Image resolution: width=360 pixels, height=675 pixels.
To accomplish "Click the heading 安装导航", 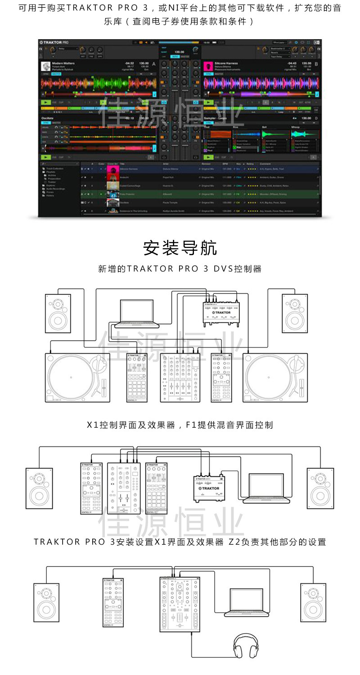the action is pos(180,247).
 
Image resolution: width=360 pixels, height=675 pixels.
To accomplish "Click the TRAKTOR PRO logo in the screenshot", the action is pos(54,42).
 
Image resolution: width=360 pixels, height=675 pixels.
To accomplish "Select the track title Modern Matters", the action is pos(63,63).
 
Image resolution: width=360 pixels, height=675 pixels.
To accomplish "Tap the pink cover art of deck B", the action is pos(208,66).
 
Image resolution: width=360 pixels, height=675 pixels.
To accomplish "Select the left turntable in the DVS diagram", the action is pos(77,377).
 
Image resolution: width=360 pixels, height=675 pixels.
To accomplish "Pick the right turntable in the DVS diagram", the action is pos(275,377).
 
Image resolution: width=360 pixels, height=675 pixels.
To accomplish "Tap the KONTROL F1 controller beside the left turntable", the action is pos(137,377).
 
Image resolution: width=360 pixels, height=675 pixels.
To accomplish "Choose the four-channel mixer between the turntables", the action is pos(180,377).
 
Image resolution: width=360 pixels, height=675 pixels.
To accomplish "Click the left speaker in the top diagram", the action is pos(58,313).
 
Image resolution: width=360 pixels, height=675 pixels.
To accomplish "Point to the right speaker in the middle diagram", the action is pos(320,488).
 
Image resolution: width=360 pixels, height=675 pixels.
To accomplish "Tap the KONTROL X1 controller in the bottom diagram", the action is pos(113,603).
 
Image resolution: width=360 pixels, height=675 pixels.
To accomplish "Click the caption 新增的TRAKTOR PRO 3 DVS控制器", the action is pos(180,269).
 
